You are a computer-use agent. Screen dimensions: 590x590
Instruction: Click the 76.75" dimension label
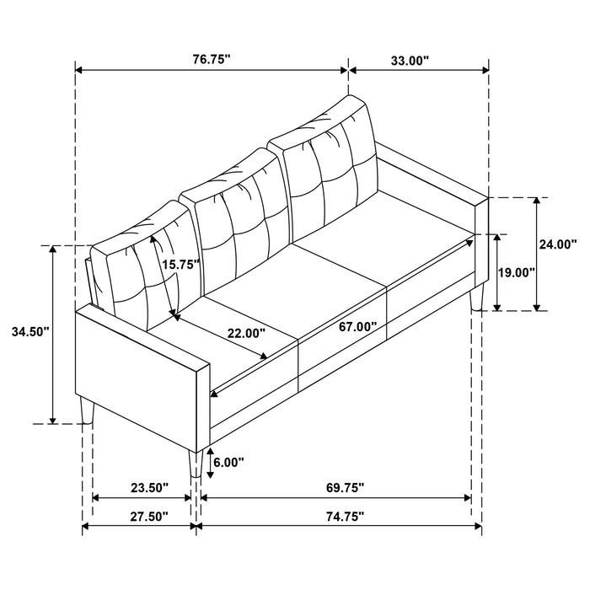point(211,60)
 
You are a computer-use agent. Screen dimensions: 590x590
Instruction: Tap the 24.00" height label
point(560,244)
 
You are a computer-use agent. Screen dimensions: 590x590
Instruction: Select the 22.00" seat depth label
point(245,333)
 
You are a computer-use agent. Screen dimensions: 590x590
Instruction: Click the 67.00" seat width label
point(357,325)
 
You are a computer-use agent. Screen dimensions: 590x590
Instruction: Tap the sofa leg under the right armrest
point(479,297)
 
